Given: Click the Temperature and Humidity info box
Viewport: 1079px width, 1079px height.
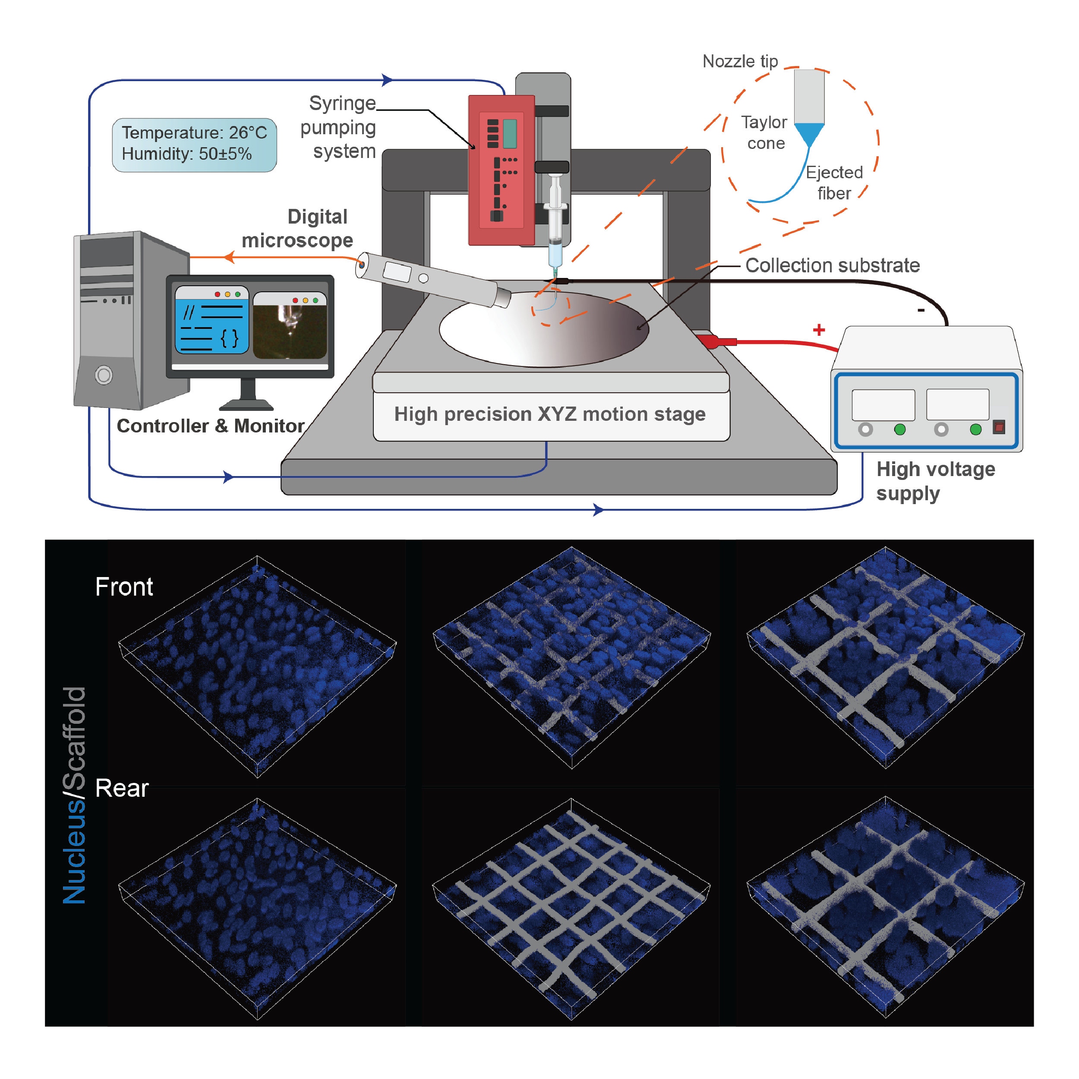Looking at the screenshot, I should coord(194,144).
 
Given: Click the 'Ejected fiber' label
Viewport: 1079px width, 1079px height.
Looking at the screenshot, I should coord(834,182).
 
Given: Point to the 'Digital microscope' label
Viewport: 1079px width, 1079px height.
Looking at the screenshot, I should coord(298,228).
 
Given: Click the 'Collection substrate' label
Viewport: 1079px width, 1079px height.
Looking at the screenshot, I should coord(832,265).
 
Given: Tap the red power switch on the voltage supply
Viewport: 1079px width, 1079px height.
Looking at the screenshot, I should coord(999,428).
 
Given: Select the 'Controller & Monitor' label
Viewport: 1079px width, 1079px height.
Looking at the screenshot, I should coord(210,426).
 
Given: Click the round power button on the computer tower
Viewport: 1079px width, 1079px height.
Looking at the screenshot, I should coord(104,374).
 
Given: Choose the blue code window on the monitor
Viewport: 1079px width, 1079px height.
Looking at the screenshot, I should coord(211,321).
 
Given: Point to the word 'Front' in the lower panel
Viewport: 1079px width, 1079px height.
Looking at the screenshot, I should coord(123,587).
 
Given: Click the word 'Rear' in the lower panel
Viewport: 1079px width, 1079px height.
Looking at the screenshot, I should coord(121,788).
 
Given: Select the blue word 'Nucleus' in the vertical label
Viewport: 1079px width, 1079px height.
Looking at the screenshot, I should coord(74,851).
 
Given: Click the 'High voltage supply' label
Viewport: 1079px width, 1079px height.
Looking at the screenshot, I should coord(935,481).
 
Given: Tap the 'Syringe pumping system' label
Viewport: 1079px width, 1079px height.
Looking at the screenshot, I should coord(339,127).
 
